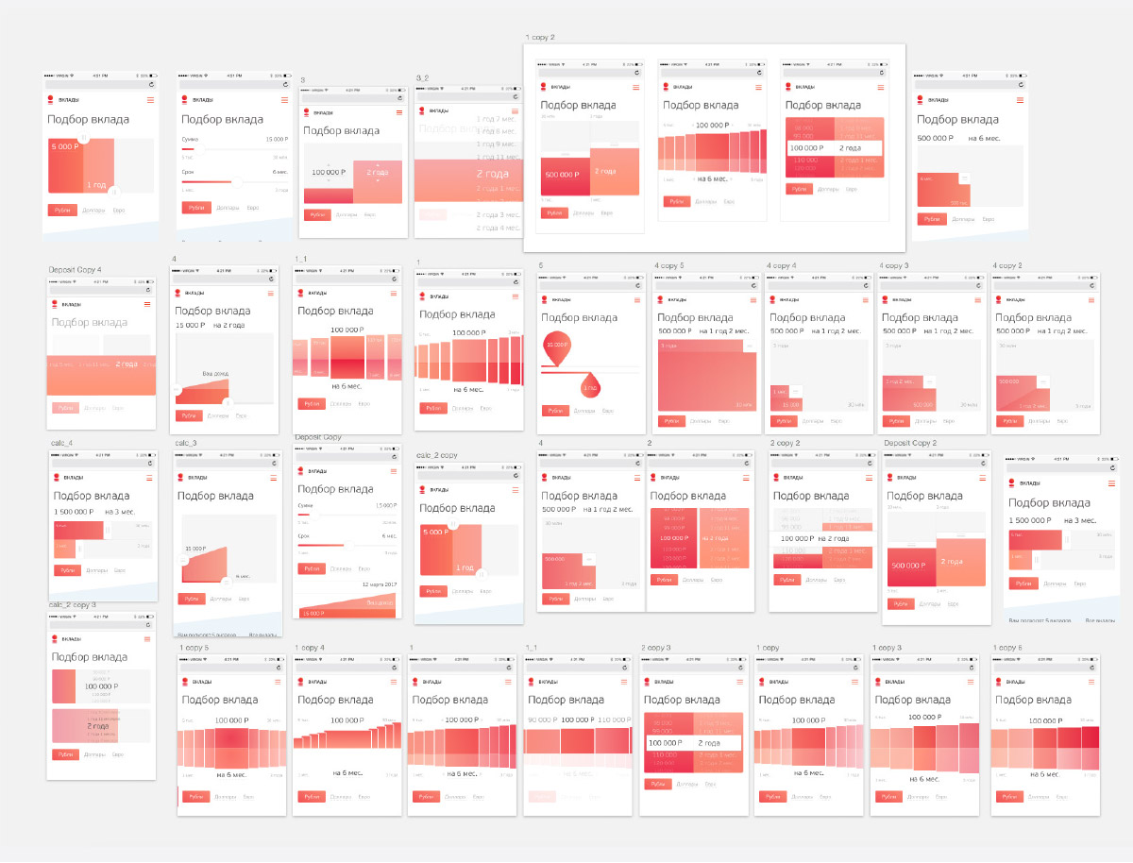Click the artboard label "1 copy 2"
(x=540, y=37)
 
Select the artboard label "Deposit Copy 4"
(x=75, y=270)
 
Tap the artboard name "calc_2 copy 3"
(x=73, y=604)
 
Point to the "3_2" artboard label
(x=422, y=77)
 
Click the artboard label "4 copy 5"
(x=670, y=266)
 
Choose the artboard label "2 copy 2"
(x=785, y=443)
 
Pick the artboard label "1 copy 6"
(x=1007, y=648)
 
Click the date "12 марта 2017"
(x=379, y=584)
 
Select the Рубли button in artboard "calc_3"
(x=191, y=599)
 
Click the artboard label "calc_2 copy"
(x=436, y=455)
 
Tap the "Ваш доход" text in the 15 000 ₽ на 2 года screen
(x=214, y=374)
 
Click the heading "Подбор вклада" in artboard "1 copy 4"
(x=336, y=700)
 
